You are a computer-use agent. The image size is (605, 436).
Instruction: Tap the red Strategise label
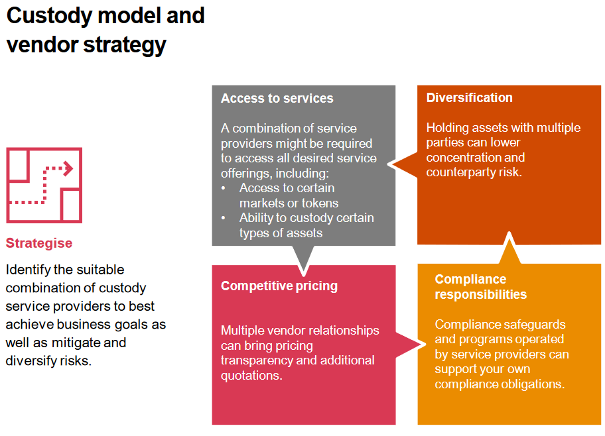[x=39, y=243]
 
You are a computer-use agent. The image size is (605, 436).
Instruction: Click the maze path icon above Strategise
[x=44, y=185]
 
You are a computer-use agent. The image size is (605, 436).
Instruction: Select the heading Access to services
[x=277, y=99]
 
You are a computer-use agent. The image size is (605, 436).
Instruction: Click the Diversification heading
[x=469, y=98]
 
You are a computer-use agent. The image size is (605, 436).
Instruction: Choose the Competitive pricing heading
[x=279, y=286]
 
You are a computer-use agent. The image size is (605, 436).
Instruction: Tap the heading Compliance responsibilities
[x=480, y=287]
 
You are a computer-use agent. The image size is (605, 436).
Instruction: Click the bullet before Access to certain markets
[x=224, y=189]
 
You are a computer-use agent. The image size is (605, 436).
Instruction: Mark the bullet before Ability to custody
[x=224, y=218]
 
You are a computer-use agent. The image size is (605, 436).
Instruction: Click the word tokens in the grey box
[x=318, y=203]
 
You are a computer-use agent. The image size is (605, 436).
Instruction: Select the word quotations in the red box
[x=250, y=376]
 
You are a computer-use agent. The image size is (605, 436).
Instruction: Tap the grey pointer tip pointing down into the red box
[x=304, y=272]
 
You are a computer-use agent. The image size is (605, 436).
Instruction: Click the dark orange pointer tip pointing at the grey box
[x=391, y=164]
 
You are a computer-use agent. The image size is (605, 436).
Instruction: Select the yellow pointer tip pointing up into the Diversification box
[x=509, y=235]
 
